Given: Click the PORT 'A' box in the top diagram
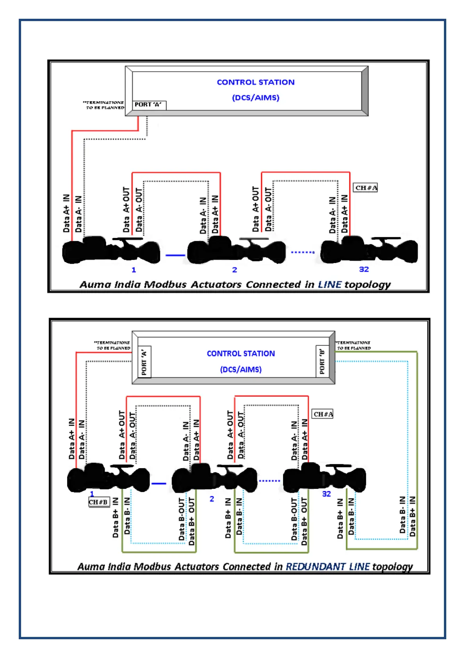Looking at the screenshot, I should click(x=149, y=105).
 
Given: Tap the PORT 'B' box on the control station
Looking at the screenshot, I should click(x=322, y=362).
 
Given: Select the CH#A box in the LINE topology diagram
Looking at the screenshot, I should click(x=366, y=188).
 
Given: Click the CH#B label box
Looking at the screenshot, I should click(x=98, y=502).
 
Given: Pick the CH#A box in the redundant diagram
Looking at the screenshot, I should click(x=323, y=414).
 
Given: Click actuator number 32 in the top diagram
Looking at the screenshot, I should click(x=369, y=250).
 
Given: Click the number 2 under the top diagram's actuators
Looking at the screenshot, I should click(x=234, y=270).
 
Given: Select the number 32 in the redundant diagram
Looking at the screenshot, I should click(x=326, y=494).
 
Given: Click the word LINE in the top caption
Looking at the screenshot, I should click(x=330, y=284).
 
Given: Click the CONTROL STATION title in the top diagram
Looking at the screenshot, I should click(x=256, y=82).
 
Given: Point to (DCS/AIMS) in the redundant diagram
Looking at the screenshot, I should click(x=241, y=369).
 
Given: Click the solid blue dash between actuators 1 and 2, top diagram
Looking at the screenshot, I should click(x=175, y=255).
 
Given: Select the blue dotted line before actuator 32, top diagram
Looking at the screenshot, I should click(x=303, y=252).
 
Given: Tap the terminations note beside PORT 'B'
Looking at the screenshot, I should click(x=353, y=345).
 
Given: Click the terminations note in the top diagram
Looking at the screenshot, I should click(x=104, y=105).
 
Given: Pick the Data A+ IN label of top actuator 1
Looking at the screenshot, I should click(x=66, y=213).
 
